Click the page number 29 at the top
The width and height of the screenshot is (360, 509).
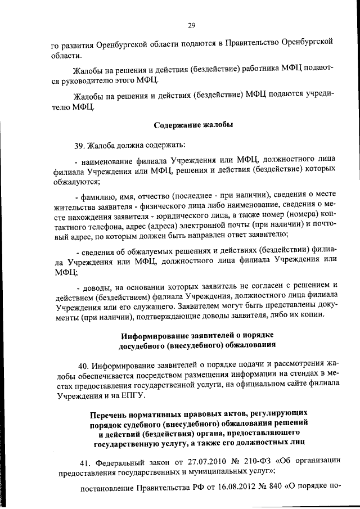(x=191, y=25)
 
